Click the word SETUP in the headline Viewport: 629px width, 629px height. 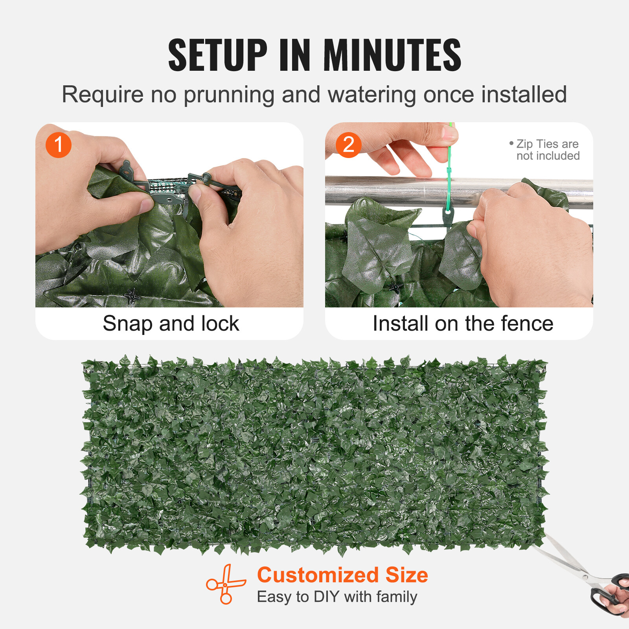coord(217,55)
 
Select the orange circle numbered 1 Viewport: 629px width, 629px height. coord(58,145)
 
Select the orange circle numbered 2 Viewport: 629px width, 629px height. coord(348,145)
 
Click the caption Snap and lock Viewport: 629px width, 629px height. coord(171,324)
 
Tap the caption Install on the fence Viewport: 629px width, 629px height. coord(463,324)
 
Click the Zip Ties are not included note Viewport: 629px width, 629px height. coord(546,150)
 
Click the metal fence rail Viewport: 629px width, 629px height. coord(393,191)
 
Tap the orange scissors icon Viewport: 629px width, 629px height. coord(226,584)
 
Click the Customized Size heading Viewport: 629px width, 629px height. coord(342,575)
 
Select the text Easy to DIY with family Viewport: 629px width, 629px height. coord(337,597)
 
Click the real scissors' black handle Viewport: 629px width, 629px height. coord(607,594)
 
